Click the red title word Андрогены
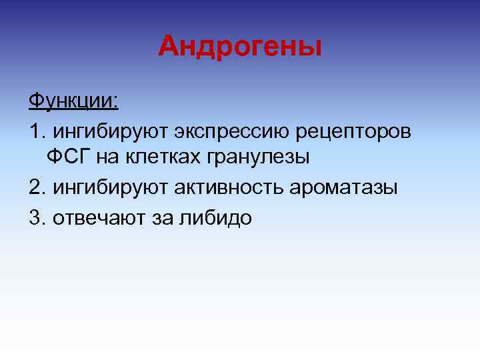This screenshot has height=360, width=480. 240,47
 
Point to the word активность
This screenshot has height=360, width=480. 229,187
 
